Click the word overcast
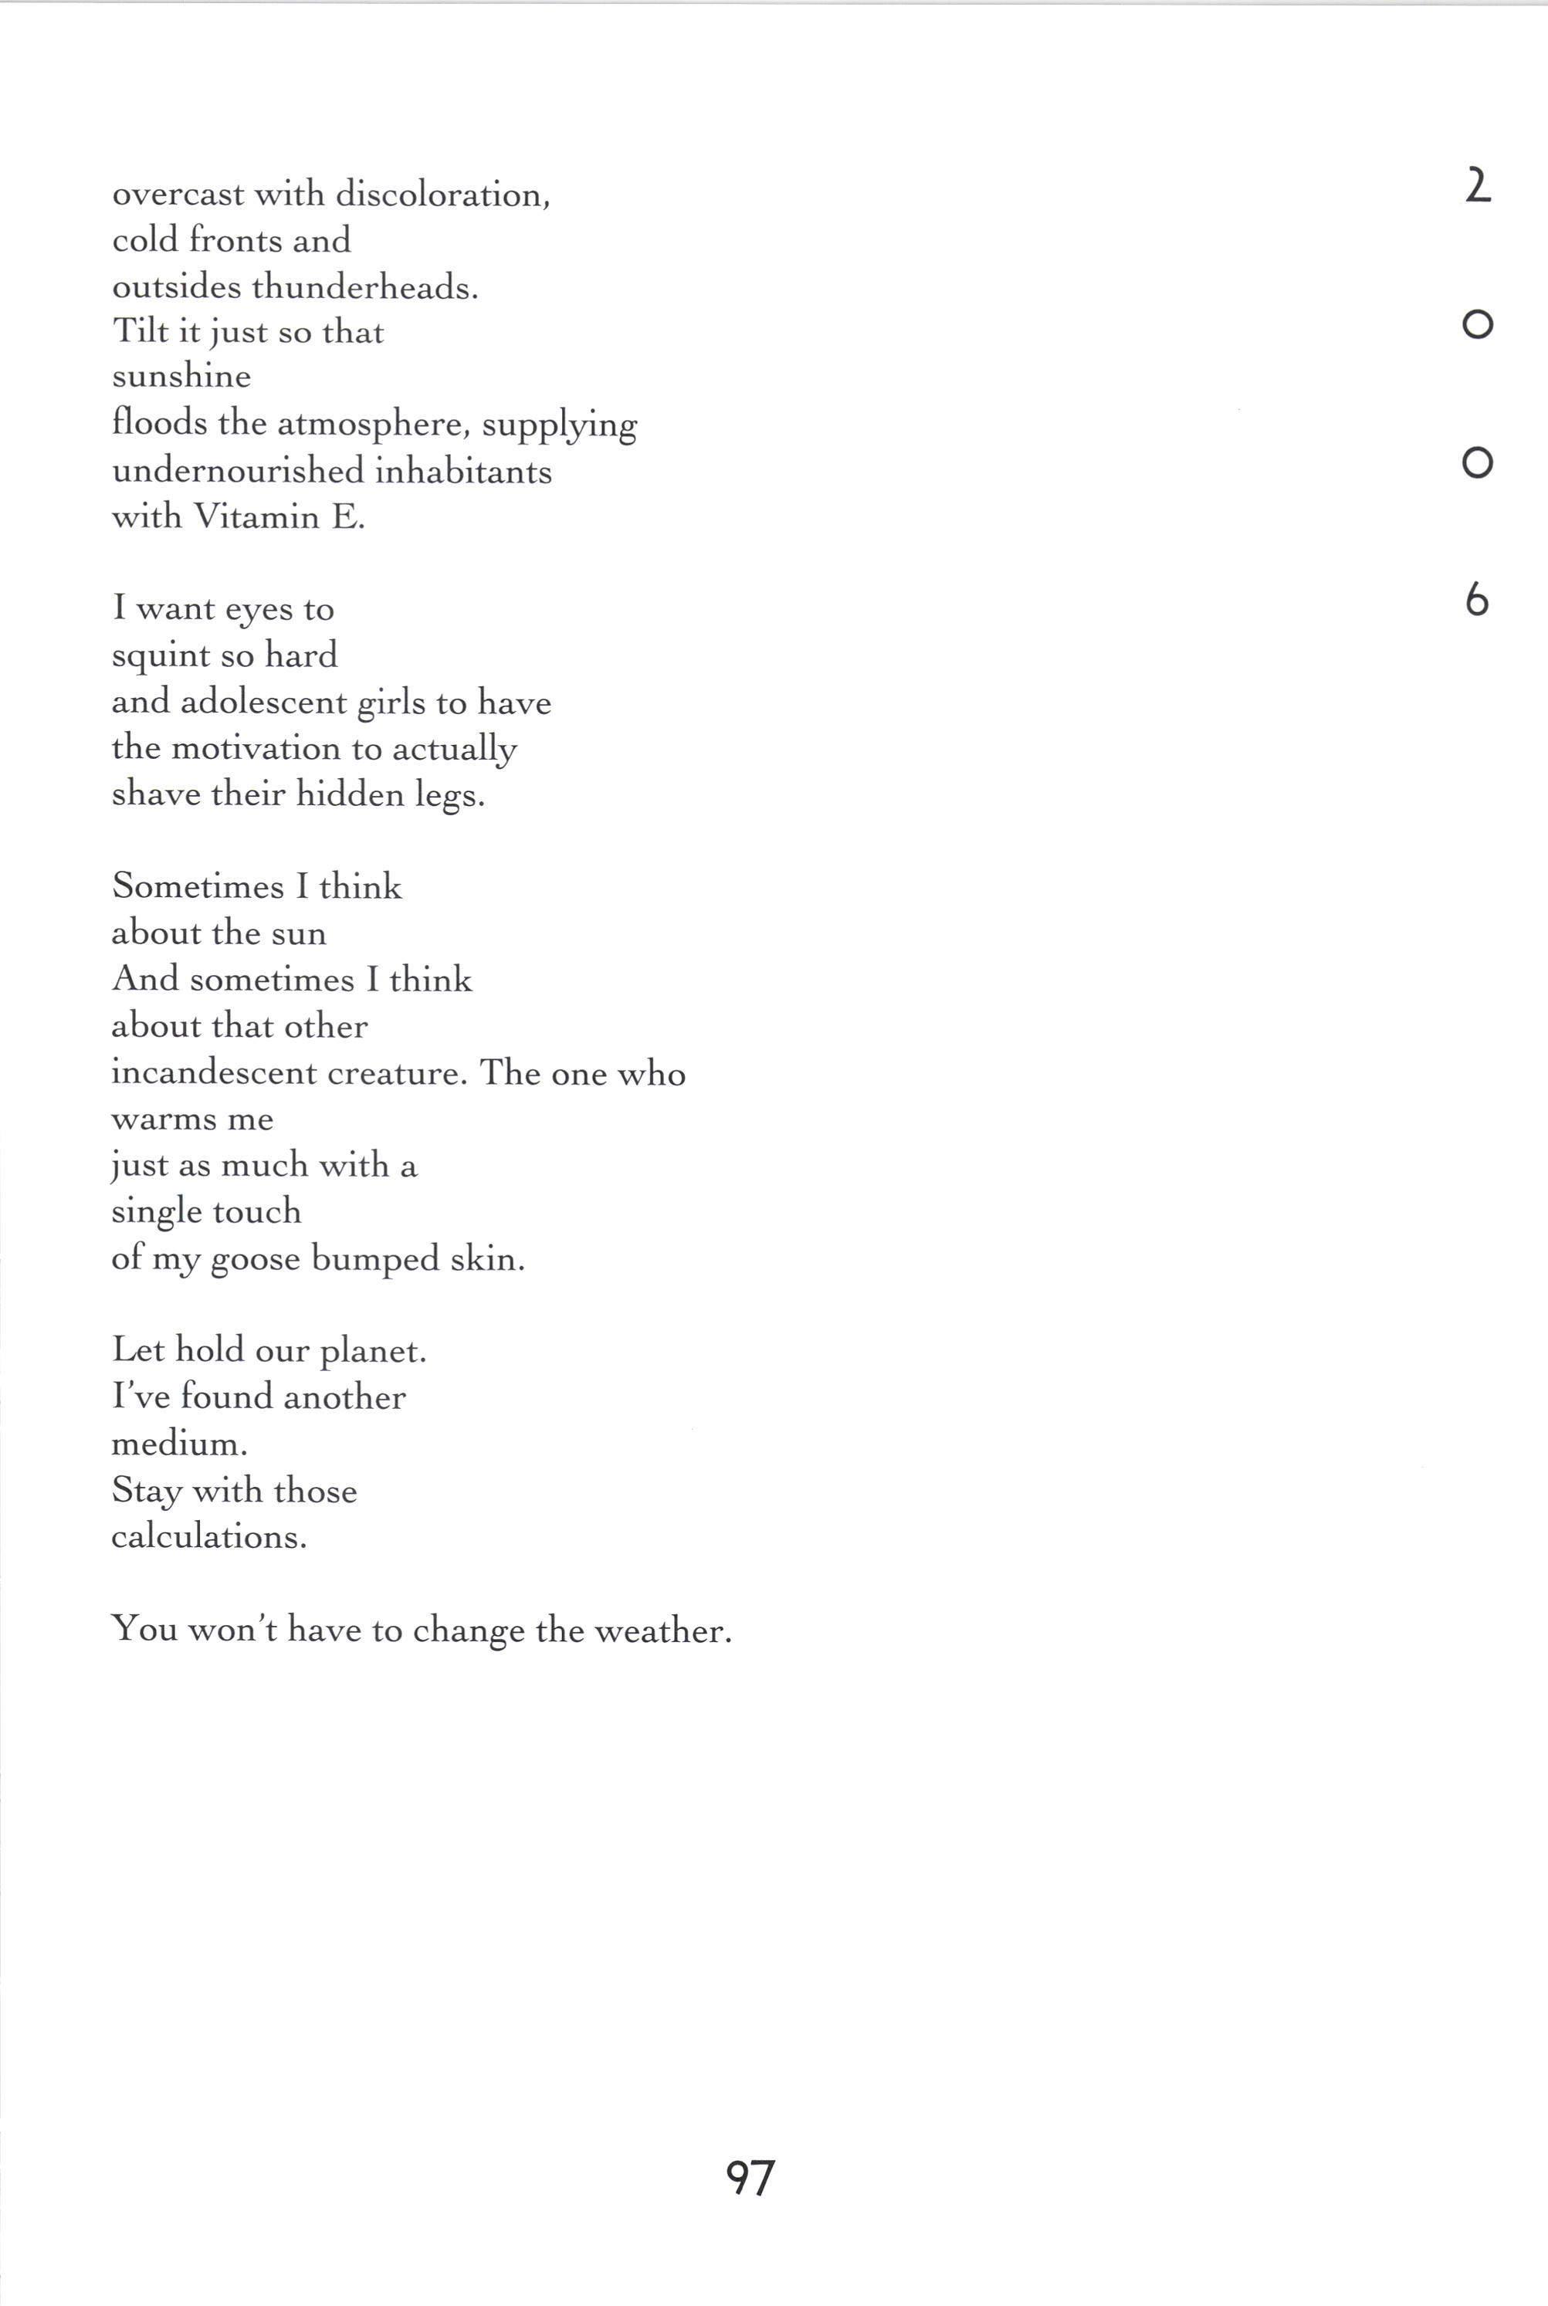tap(178, 195)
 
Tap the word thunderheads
tap(364, 287)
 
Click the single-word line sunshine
tap(181, 377)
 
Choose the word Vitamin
tap(256, 516)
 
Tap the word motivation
tap(256, 748)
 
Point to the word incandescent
tap(213, 1073)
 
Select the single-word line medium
tap(178, 1444)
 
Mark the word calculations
tap(209, 1537)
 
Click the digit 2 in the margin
tap(1477, 185)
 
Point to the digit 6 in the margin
tap(1476, 599)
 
